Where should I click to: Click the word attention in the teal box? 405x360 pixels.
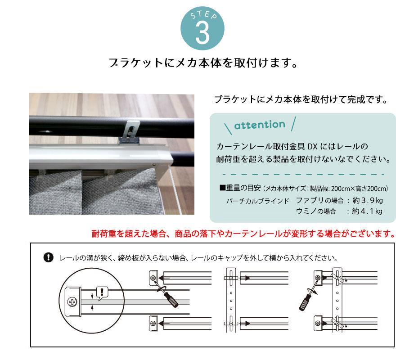point(260,125)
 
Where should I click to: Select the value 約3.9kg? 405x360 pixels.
point(367,200)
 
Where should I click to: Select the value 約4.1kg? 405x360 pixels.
point(367,211)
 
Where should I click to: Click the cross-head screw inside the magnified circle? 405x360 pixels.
point(72,301)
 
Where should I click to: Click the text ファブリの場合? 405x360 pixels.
point(319,200)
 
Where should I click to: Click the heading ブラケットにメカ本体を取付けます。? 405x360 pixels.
point(202,63)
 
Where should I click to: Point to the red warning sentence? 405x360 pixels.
point(243,234)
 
